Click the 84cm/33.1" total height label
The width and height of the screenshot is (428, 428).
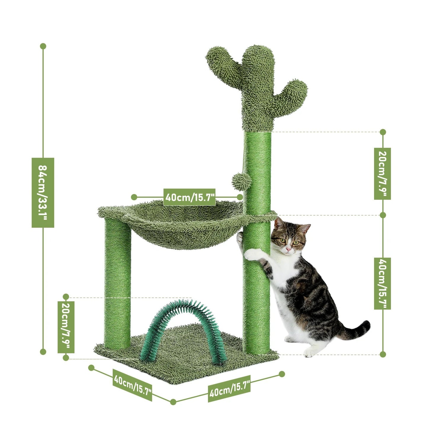[43, 193]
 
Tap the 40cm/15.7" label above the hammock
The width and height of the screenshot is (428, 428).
[189, 197]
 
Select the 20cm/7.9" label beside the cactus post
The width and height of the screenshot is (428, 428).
[382, 174]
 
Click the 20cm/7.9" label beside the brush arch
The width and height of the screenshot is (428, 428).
[66, 327]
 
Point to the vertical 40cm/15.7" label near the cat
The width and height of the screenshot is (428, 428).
[382, 283]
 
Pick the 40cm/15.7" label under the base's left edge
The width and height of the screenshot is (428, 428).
[132, 384]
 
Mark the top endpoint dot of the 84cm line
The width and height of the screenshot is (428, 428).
[43, 46]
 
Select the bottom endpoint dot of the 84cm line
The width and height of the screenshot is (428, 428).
[43, 352]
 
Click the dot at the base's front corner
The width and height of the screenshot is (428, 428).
[173, 402]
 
